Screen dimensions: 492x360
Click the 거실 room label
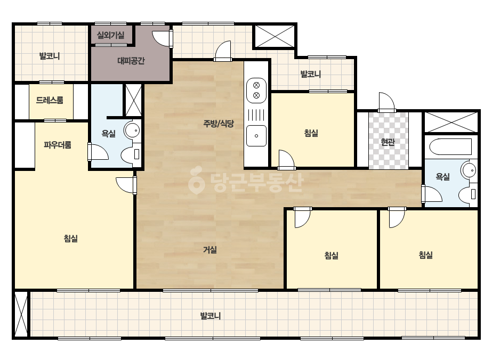point(210,250)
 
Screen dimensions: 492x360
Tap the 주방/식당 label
point(219,124)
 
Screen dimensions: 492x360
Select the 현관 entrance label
point(388,142)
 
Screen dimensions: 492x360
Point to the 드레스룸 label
point(50,100)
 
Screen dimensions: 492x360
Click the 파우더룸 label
point(58,144)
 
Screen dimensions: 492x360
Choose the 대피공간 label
point(131,61)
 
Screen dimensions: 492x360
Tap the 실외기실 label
point(110,35)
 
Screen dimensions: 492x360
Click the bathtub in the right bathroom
point(450,146)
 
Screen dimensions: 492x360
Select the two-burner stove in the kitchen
point(256,91)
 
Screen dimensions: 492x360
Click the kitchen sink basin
point(256,136)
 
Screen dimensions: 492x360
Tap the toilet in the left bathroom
point(131,154)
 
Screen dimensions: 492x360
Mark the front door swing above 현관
point(386,102)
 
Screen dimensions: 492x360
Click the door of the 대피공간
point(163,38)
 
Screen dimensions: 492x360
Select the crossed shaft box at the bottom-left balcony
point(21,314)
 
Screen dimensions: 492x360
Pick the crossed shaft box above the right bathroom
point(450,122)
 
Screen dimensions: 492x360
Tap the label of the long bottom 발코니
point(211,315)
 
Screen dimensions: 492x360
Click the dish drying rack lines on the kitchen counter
point(256,115)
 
